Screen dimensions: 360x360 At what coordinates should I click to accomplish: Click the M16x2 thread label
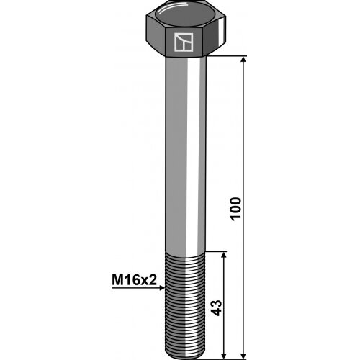(134, 280)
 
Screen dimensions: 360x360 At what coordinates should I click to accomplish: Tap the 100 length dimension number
(235, 208)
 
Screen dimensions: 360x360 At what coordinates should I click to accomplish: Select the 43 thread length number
(216, 307)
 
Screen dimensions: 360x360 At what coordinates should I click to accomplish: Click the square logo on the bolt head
(184, 42)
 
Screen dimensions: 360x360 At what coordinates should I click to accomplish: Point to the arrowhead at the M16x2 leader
(163, 288)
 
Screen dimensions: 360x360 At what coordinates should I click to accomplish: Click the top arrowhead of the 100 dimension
(243, 60)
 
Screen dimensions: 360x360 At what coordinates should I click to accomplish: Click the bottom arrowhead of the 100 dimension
(243, 356)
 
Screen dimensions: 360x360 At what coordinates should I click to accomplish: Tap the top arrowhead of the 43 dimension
(224, 255)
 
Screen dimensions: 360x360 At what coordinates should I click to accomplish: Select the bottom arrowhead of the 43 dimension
(224, 356)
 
